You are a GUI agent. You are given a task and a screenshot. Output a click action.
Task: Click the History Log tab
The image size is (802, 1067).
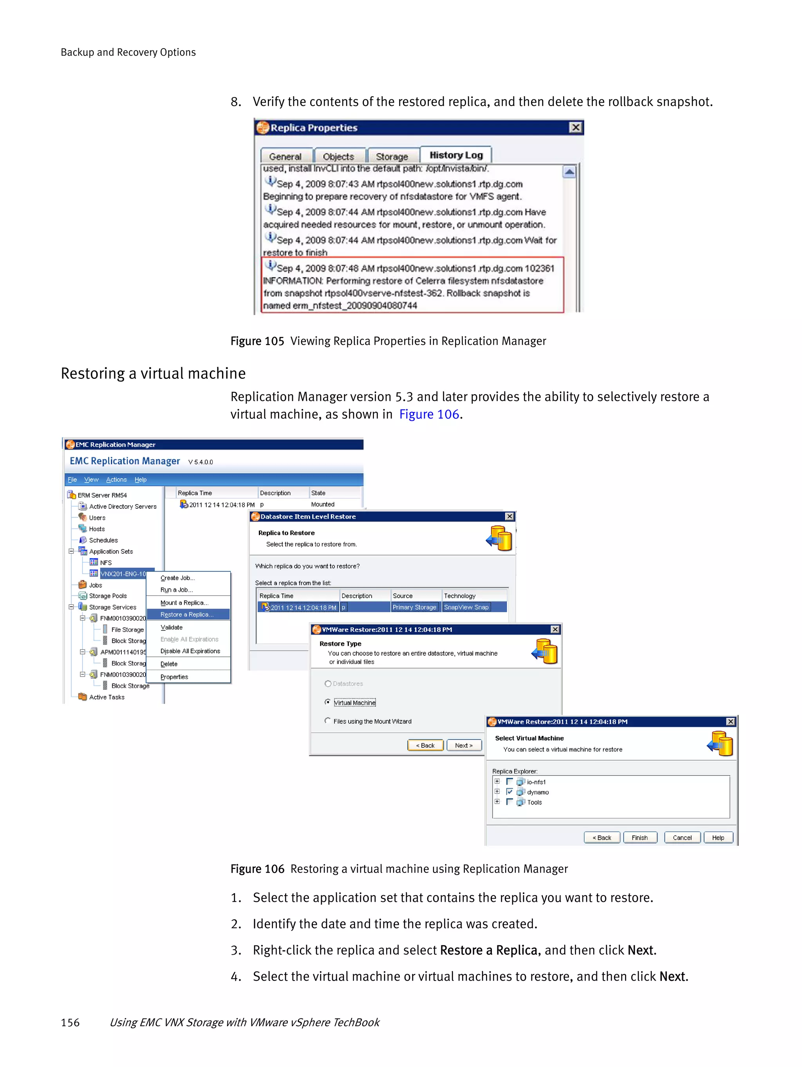pos(455,155)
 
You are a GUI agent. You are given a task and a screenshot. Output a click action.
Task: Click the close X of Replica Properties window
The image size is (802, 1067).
pos(575,127)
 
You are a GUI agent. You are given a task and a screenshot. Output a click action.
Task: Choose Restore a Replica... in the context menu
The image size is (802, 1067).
pos(187,615)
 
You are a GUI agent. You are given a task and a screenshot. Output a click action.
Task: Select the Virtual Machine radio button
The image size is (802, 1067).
pos(328,702)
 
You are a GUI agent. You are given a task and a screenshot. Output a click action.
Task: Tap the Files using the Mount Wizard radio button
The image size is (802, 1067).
pos(328,721)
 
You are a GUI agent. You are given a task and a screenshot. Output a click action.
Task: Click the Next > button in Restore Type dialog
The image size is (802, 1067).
pos(463,745)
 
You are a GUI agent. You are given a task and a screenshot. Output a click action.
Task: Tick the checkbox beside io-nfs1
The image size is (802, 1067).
pos(509,781)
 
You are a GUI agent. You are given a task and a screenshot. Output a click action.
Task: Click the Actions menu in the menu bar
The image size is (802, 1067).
pos(116,479)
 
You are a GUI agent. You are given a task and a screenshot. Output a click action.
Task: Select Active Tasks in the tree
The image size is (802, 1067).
pos(107,697)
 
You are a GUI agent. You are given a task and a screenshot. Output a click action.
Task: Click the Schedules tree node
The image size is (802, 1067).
pos(103,540)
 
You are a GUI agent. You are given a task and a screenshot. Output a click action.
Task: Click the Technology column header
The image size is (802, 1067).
pos(459,596)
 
